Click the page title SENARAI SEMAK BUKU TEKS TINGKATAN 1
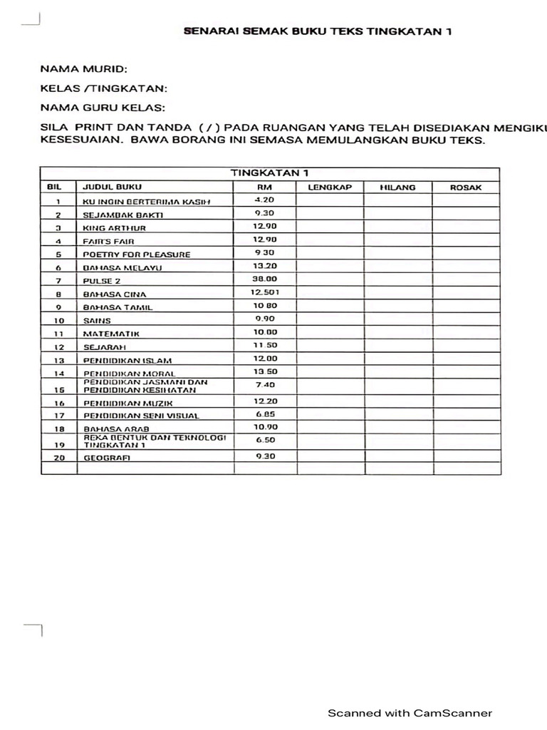pos(318,31)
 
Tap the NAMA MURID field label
pos(83,70)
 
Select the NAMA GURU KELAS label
pos(102,108)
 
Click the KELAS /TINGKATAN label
pos(103,88)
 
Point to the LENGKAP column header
pos(330,187)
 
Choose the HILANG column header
pos(397,187)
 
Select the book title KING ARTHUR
pos(115,228)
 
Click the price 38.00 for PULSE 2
pos(265,279)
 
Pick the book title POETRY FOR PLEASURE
pos(137,255)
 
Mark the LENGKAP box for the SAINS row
pos(330,319)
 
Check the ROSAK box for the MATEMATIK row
pos(466,333)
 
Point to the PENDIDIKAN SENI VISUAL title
pos(141,416)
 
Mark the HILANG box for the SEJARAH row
pos(397,346)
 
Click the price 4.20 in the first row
pos(265,200)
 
